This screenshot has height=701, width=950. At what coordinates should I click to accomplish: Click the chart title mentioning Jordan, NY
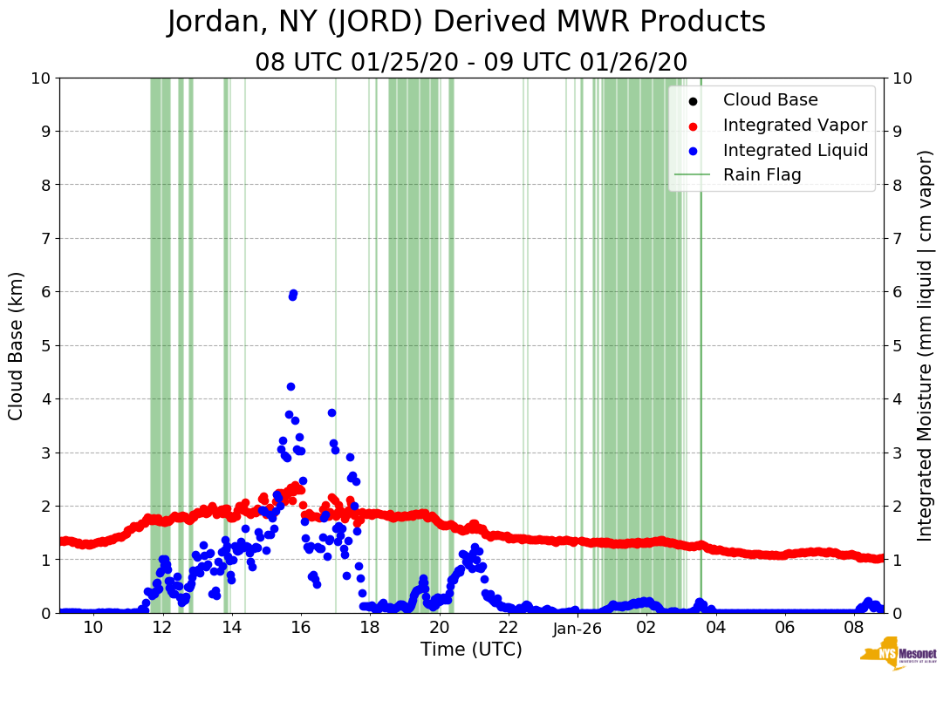466,23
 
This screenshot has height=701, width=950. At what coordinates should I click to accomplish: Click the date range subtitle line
471,63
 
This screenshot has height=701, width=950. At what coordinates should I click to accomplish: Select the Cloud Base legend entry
770,100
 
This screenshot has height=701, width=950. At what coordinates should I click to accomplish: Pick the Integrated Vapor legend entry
795,125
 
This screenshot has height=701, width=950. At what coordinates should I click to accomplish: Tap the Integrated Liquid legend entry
796,150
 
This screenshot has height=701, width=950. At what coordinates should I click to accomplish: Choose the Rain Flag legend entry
762,174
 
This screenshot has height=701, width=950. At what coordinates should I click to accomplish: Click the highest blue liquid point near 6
293,294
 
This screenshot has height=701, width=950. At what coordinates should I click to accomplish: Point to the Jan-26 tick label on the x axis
578,629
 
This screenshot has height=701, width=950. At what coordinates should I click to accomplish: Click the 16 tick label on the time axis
301,629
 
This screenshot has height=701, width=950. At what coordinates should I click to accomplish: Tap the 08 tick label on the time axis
854,629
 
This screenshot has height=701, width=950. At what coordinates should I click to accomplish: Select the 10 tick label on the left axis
40,78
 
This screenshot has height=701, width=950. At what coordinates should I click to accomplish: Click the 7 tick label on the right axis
897,238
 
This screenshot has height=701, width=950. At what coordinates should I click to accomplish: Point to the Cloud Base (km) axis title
17,345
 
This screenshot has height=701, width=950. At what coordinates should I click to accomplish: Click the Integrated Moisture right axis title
926,345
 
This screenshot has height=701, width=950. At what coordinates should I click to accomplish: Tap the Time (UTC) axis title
471,650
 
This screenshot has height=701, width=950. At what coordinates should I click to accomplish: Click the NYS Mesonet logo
899,656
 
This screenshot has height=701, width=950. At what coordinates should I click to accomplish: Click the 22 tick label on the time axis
509,629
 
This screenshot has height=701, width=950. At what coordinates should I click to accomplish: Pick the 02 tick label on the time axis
646,629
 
